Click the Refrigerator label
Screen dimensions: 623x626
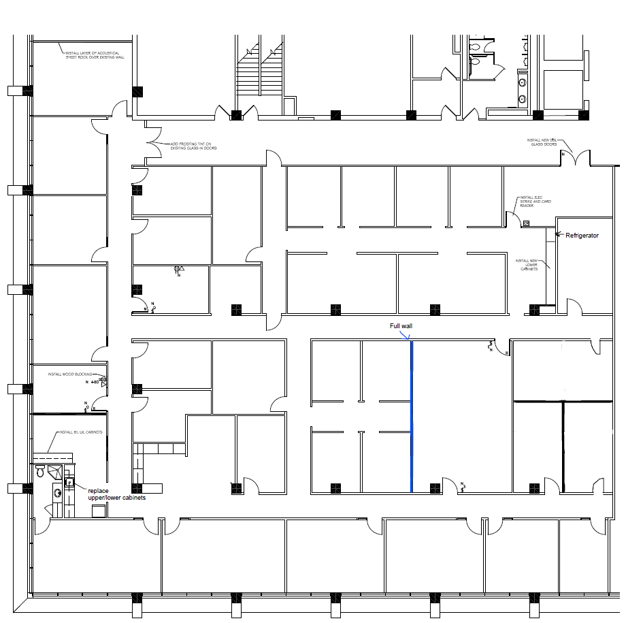tap(582, 235)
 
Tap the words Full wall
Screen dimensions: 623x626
tap(401, 326)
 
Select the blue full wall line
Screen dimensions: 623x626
tap(412, 415)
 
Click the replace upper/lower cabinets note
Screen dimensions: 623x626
tap(116, 494)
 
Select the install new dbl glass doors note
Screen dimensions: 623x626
tap(542, 142)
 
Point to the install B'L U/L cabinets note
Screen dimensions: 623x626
tap(81, 432)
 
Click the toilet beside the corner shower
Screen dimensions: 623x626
tap(41, 471)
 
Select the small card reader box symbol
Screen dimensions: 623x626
tap(526, 223)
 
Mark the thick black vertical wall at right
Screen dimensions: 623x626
tap(563, 443)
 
